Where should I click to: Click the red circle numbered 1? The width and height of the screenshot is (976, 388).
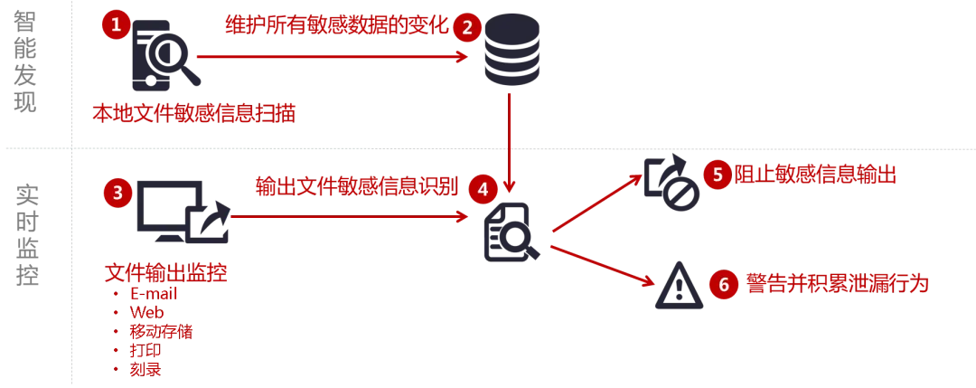(x=116, y=24)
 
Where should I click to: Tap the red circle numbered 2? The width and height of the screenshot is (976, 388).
(x=467, y=28)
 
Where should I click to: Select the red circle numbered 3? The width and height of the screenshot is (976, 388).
(x=117, y=192)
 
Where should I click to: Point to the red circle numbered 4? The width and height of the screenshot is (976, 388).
(x=483, y=189)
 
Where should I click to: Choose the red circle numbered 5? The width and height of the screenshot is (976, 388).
(x=717, y=174)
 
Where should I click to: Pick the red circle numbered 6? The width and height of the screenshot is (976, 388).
(x=723, y=285)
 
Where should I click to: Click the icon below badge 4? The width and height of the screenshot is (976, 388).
(x=510, y=234)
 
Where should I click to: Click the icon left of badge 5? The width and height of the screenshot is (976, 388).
(x=671, y=182)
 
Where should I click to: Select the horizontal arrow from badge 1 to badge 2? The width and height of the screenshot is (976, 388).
(x=330, y=56)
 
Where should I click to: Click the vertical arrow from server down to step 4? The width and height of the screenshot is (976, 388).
(x=510, y=136)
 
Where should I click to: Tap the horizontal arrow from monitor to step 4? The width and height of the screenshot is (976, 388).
(x=348, y=216)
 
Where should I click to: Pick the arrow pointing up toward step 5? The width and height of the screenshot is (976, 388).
(x=596, y=204)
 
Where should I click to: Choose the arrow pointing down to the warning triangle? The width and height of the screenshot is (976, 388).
(x=601, y=265)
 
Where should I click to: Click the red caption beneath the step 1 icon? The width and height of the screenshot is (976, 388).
(x=192, y=113)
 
